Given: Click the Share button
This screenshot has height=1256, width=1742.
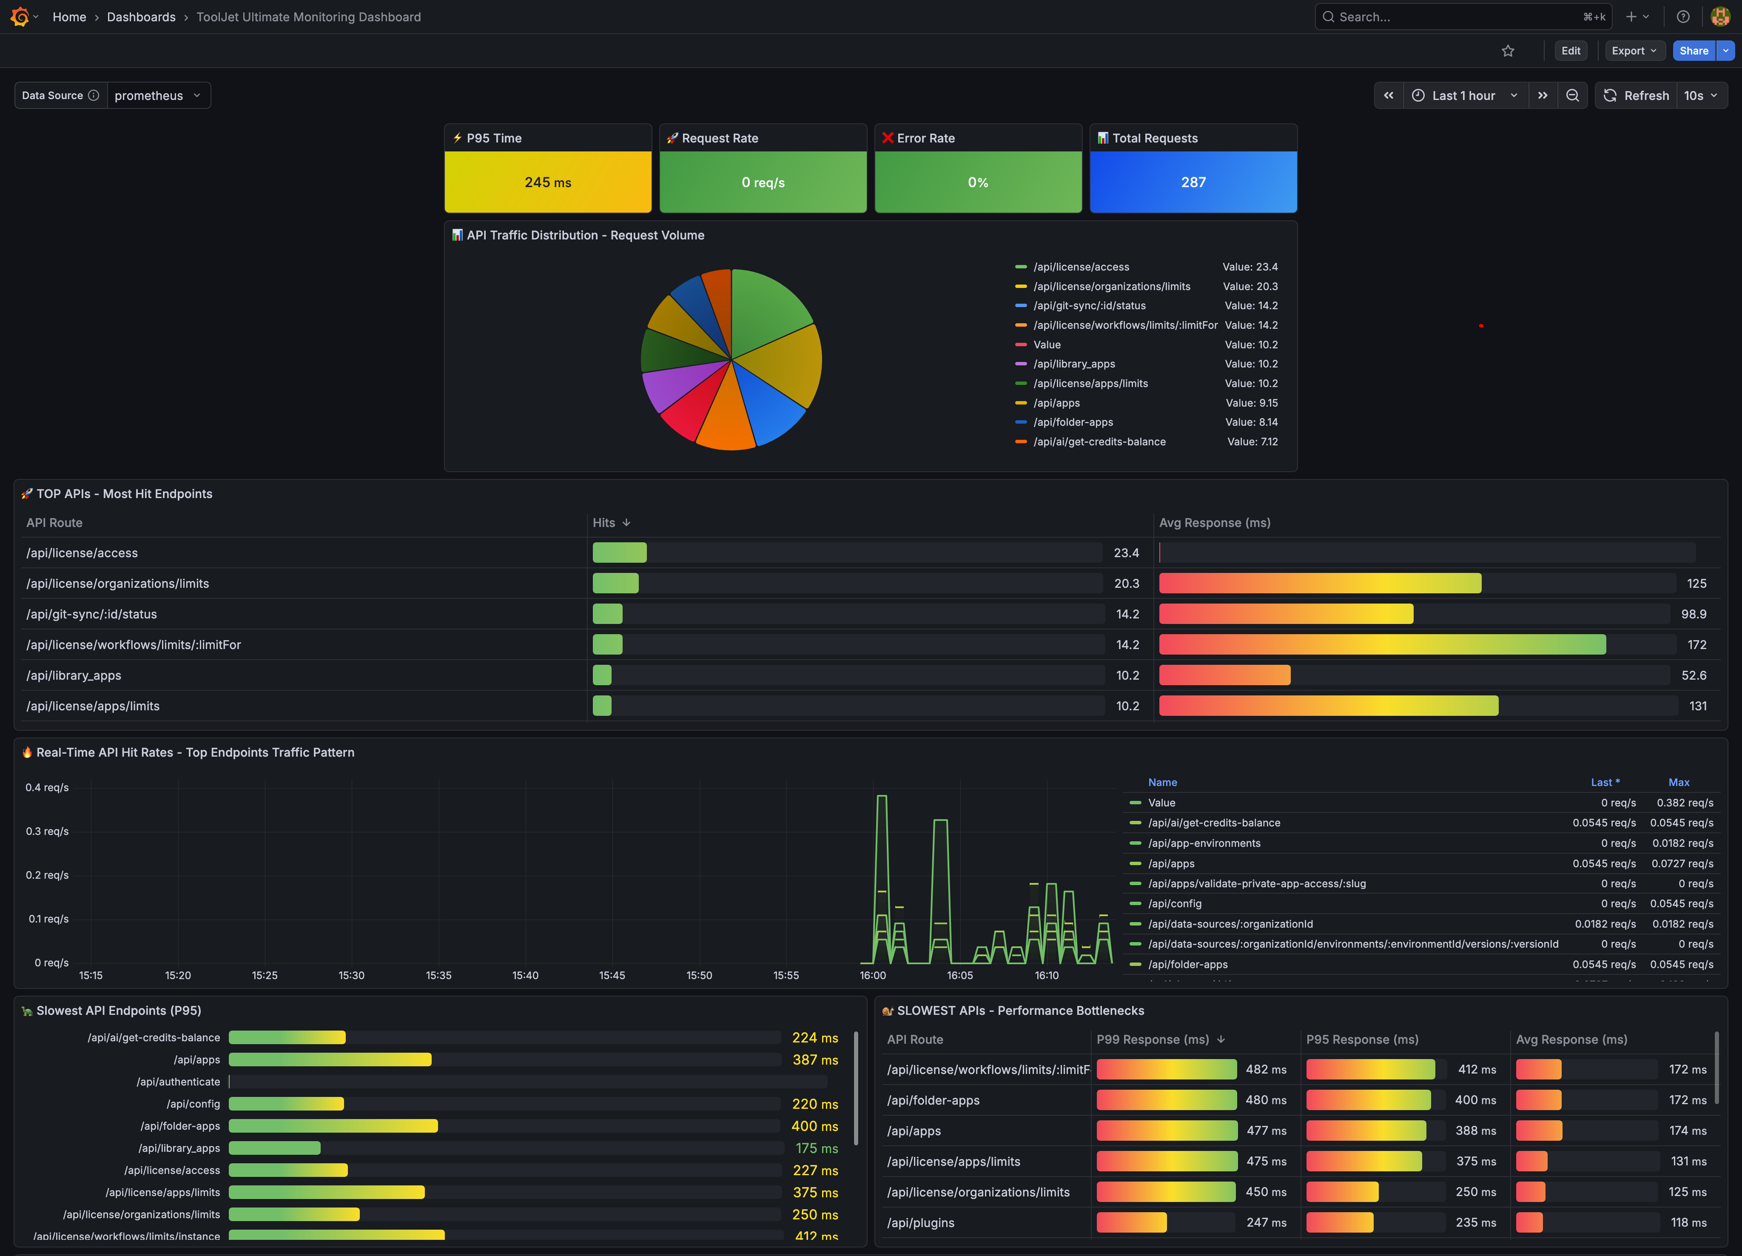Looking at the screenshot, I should pyautogui.click(x=1693, y=51).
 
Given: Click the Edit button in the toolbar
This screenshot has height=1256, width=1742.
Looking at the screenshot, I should pyautogui.click(x=1571, y=51).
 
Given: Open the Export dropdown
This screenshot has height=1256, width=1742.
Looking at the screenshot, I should pyautogui.click(x=1634, y=51).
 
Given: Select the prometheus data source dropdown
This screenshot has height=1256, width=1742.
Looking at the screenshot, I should pyautogui.click(x=157, y=95).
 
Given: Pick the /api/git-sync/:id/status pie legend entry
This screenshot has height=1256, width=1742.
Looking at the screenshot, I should pyautogui.click(x=1089, y=306).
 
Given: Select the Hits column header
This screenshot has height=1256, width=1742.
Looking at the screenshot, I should pyautogui.click(x=604, y=522).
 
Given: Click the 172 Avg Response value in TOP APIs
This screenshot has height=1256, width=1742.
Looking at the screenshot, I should pyautogui.click(x=1696, y=644).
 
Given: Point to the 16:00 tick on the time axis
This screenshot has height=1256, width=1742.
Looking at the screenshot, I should pyautogui.click(x=873, y=975).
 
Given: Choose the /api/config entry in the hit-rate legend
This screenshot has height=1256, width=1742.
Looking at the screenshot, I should pyautogui.click(x=1174, y=903).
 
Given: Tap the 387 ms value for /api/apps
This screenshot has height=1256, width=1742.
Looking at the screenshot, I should pyautogui.click(x=815, y=1059).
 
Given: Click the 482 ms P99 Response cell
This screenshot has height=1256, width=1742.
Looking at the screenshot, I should pyautogui.click(x=1266, y=1069).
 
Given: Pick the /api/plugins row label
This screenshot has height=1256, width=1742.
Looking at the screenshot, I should pyautogui.click(x=920, y=1222).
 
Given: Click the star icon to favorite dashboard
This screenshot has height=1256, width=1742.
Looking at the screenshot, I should pyautogui.click(x=1508, y=51).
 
